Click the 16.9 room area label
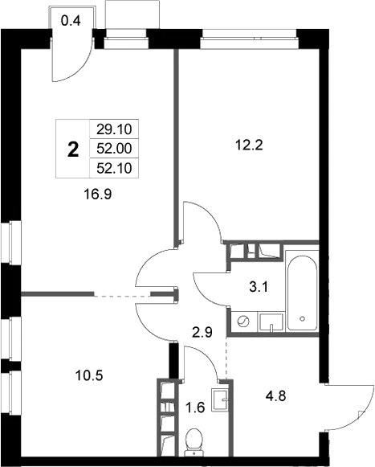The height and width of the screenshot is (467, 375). (98, 195)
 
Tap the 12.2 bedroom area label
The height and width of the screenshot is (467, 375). (249, 145)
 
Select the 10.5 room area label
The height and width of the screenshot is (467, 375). (89, 375)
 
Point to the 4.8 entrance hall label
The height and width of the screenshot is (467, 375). (276, 396)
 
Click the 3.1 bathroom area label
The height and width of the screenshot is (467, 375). (259, 288)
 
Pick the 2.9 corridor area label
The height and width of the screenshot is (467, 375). (202, 332)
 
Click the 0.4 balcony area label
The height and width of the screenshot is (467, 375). (71, 21)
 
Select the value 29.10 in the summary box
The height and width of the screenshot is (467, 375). (114, 129)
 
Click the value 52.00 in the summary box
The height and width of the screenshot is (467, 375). (114, 149)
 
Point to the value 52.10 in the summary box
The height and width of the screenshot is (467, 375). (114, 169)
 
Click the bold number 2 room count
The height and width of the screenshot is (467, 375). (73, 150)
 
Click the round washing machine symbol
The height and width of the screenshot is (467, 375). (243, 322)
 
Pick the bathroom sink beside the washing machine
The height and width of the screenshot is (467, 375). (271, 322)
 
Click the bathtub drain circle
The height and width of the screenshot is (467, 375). (303, 318)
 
